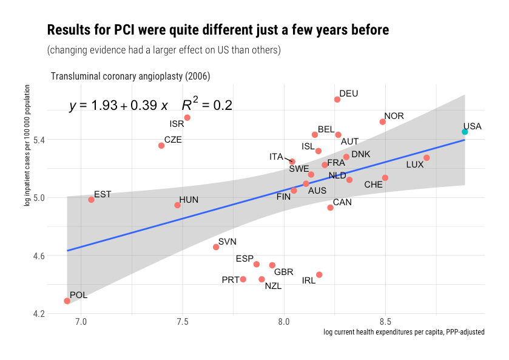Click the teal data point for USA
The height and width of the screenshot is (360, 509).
coord(465,132)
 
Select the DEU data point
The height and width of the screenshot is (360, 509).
coord(337,100)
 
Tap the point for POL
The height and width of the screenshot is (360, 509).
coord(67,301)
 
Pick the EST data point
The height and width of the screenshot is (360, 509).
coord(91,200)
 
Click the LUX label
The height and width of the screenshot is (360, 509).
coord(415,165)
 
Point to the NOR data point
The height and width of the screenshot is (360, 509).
coord(383,122)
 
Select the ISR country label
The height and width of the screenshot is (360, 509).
coord(177,124)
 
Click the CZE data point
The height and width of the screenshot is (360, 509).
coord(161,146)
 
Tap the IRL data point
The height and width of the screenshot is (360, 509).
coord(319,275)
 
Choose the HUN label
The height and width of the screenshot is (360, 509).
coord(189,199)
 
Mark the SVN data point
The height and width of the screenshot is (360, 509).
coord(216,247)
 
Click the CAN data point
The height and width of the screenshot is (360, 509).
coord(330,208)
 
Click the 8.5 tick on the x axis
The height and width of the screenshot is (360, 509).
coord(385,321)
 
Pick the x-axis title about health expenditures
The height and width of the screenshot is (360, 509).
coord(403,333)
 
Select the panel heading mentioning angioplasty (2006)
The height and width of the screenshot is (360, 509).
coord(130,76)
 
